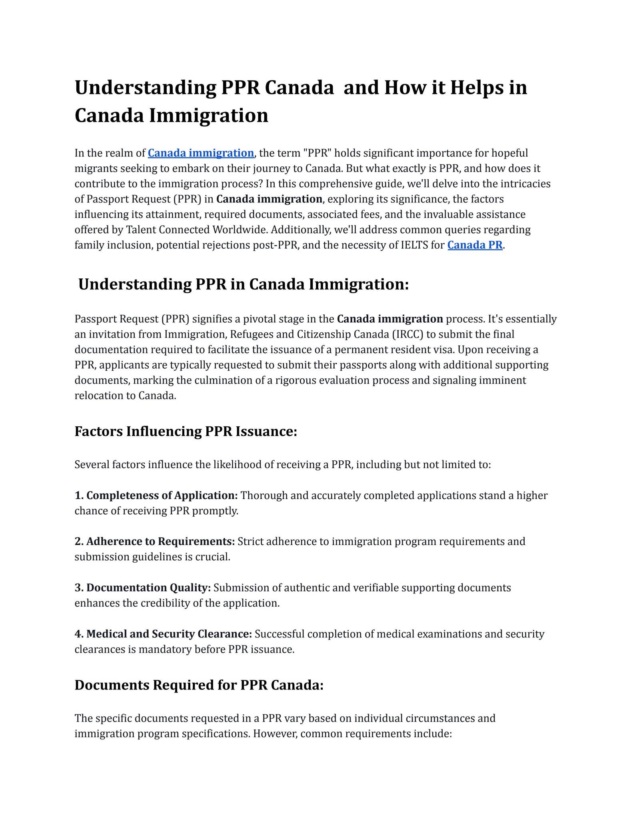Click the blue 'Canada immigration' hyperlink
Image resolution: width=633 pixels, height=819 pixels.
click(x=201, y=153)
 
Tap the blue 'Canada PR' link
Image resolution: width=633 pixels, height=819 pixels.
click(x=475, y=245)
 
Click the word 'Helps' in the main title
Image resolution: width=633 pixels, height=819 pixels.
click(x=477, y=88)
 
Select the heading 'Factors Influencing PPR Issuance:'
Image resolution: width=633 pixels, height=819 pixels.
click(x=186, y=431)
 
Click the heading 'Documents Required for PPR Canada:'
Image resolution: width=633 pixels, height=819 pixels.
click(x=199, y=685)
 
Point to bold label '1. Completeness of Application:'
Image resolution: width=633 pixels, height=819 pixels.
click(x=156, y=495)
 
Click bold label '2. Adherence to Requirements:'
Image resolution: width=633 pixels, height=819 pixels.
click(x=155, y=541)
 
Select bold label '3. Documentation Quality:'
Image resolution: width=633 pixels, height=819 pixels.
click(x=143, y=588)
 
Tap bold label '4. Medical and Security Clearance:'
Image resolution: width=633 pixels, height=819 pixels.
click(x=163, y=634)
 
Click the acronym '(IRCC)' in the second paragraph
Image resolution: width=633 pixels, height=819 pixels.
click(x=407, y=334)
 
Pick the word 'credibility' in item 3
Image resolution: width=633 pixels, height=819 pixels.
click(x=165, y=603)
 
